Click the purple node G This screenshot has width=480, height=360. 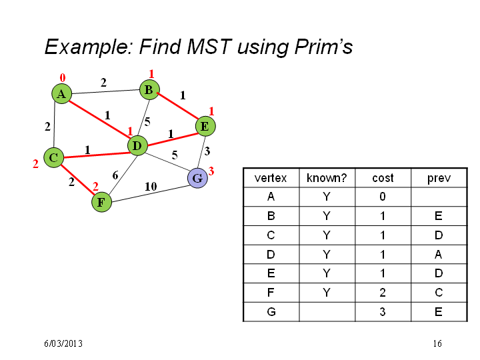pos(197,178)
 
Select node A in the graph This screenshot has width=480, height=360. pos(61,94)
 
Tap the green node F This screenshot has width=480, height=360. pos(101,202)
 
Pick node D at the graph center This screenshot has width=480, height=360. pos(137,146)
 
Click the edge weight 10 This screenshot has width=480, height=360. pos(151,186)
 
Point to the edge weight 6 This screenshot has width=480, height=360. pos(115,175)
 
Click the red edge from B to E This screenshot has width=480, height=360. pos(177,106)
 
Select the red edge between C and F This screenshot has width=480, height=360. pos(77,180)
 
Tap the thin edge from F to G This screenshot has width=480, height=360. pos(150,193)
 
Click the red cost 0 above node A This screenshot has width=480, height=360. pos(63,78)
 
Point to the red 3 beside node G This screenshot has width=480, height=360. pos(211,171)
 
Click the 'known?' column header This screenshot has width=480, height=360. pos(327,178)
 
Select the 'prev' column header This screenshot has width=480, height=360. pos(439,179)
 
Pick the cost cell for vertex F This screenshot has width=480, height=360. pos(383,293)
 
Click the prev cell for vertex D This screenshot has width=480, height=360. pos(439,255)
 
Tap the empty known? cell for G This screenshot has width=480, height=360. pos(327,312)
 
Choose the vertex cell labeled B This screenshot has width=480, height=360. pos(271,216)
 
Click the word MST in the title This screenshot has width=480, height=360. pos(209,47)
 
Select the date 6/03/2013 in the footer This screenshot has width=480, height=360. pos(63,343)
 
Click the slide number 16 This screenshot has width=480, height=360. pos(437,343)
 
